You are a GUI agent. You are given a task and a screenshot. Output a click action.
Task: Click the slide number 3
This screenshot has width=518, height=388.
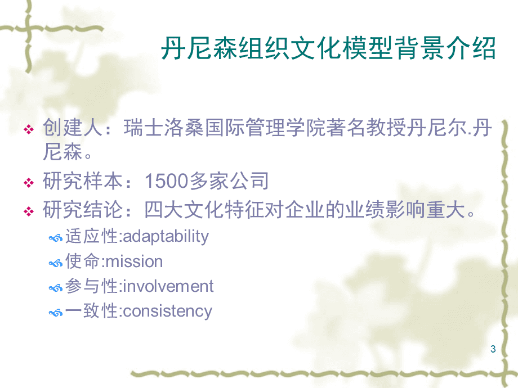tap(493, 349)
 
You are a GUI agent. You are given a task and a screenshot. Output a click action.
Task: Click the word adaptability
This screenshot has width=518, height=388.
tap(166, 237)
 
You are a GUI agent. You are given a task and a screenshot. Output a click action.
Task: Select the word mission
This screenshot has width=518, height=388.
tap(135, 261)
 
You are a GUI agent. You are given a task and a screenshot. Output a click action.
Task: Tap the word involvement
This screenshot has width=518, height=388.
tap(168, 286)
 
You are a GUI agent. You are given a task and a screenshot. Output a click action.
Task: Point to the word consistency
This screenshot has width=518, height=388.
tap(167, 311)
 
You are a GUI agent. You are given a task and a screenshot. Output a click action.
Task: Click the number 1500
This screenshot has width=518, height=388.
tap(166, 181)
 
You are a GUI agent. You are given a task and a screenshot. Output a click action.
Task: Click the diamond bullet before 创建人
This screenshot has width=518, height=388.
tap(29, 129)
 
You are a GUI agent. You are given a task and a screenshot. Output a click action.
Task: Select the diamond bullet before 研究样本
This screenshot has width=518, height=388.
tap(29, 182)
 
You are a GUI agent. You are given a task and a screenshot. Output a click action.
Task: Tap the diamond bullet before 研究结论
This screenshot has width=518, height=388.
tap(29, 211)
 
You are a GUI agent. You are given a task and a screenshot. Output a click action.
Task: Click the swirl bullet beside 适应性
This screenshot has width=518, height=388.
tap(56, 238)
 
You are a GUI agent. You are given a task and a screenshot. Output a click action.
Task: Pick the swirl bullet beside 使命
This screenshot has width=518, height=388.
tap(56, 263)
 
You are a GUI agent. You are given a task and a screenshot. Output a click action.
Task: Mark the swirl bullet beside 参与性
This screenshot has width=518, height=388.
tap(56, 288)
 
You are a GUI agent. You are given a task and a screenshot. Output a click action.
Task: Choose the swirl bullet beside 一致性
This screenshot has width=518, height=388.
tap(56, 313)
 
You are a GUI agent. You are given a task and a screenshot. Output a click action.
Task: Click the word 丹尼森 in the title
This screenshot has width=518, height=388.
tap(199, 48)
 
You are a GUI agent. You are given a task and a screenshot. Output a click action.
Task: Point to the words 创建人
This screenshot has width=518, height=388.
tap(73, 127)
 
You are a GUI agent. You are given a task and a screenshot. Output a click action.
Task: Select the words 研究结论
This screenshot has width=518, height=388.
tap(83, 210)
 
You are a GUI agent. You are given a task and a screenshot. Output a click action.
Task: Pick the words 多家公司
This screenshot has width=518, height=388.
tap(229, 181)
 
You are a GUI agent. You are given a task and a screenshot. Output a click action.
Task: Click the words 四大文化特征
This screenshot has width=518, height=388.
tap(204, 210)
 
